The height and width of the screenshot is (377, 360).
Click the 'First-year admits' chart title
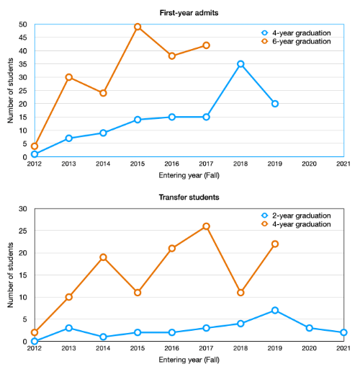click(x=189, y=12)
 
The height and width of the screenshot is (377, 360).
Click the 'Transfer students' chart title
click(x=189, y=197)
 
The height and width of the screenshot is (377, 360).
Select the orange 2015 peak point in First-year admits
click(x=138, y=27)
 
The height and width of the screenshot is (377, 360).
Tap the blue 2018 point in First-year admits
click(x=240, y=64)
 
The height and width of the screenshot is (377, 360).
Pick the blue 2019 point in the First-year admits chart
click(x=275, y=104)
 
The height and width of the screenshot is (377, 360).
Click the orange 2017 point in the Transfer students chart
click(x=207, y=226)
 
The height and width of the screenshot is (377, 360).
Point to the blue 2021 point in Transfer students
click(x=344, y=332)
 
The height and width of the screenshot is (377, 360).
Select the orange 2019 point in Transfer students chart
click(x=275, y=244)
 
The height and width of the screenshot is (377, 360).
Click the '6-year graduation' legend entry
click(x=302, y=42)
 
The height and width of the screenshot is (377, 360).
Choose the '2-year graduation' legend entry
click(x=302, y=216)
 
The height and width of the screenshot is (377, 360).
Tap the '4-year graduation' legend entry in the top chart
click(x=302, y=32)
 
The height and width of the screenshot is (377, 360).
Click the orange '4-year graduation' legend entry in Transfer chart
click(x=302, y=225)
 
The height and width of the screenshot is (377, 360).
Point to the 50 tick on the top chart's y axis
click(x=24, y=25)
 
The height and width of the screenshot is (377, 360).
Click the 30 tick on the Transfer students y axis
click(x=24, y=209)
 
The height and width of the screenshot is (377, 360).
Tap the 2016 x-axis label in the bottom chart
click(x=172, y=349)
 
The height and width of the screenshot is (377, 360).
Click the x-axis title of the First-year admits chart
click(x=189, y=175)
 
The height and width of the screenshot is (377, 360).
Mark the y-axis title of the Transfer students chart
click(x=10, y=275)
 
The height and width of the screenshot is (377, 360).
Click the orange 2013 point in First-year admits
click(x=69, y=77)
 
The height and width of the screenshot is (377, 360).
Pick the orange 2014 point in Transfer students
click(x=103, y=257)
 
